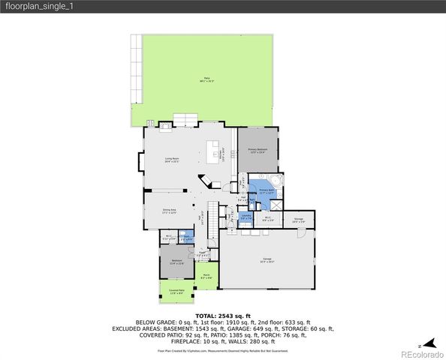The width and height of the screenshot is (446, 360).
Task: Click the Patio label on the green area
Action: pos(206,79)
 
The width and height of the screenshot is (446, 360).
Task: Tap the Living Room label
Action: pos(171,159)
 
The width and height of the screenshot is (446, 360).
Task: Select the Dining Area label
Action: pos(169,211)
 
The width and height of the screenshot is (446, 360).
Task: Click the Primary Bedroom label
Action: pos(258,151)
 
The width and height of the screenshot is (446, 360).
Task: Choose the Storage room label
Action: pos(299,219)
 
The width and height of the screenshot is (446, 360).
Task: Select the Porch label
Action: pos(207,276)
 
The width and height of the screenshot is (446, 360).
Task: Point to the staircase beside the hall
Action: pos(212,218)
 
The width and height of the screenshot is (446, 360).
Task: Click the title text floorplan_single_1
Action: pos(39,6)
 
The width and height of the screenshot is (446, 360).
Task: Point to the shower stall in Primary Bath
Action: pos(276,202)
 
